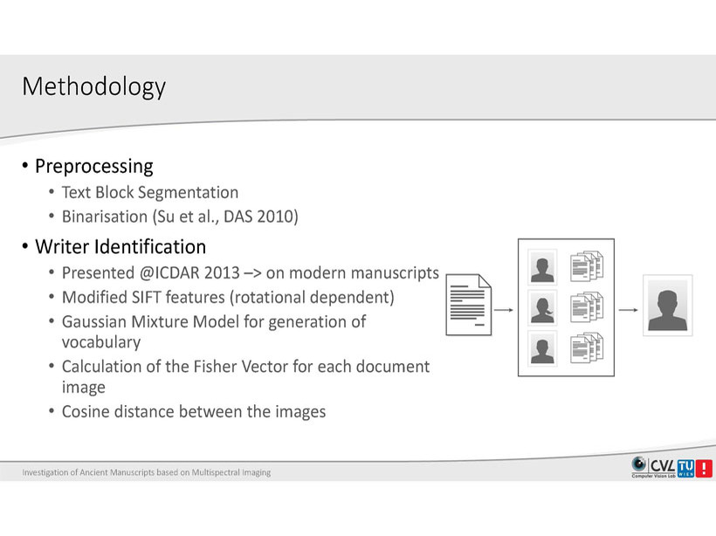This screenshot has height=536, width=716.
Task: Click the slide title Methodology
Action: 93,86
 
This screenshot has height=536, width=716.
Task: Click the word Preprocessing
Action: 94,167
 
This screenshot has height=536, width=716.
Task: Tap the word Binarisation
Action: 105,216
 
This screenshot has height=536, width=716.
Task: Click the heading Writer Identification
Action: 120,246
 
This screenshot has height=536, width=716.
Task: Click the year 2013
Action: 222,273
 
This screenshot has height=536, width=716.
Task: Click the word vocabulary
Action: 101,342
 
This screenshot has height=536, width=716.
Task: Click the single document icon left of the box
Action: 469,305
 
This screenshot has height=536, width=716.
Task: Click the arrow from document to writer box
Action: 504,310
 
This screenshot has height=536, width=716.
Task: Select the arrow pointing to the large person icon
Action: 629,310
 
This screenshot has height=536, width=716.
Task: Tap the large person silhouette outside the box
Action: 668,310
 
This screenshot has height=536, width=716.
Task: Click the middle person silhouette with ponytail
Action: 542,310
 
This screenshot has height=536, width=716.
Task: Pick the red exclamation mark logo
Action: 704,468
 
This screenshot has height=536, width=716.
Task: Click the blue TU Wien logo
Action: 685,468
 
